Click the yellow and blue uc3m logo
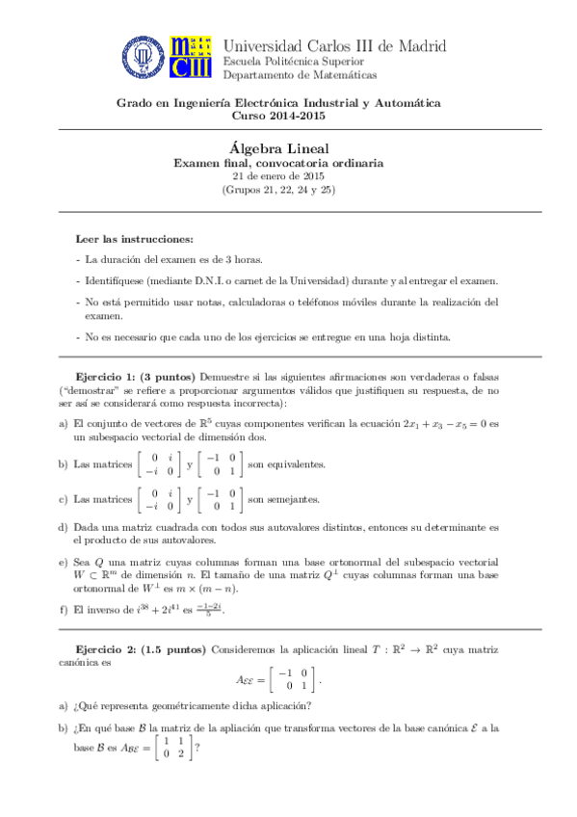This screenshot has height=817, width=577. (x=191, y=59)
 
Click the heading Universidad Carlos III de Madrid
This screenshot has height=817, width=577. (x=334, y=45)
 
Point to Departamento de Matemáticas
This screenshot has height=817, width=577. (x=300, y=75)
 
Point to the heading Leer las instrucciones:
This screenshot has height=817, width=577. (x=134, y=238)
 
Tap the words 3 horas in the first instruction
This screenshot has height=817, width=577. (x=242, y=260)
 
